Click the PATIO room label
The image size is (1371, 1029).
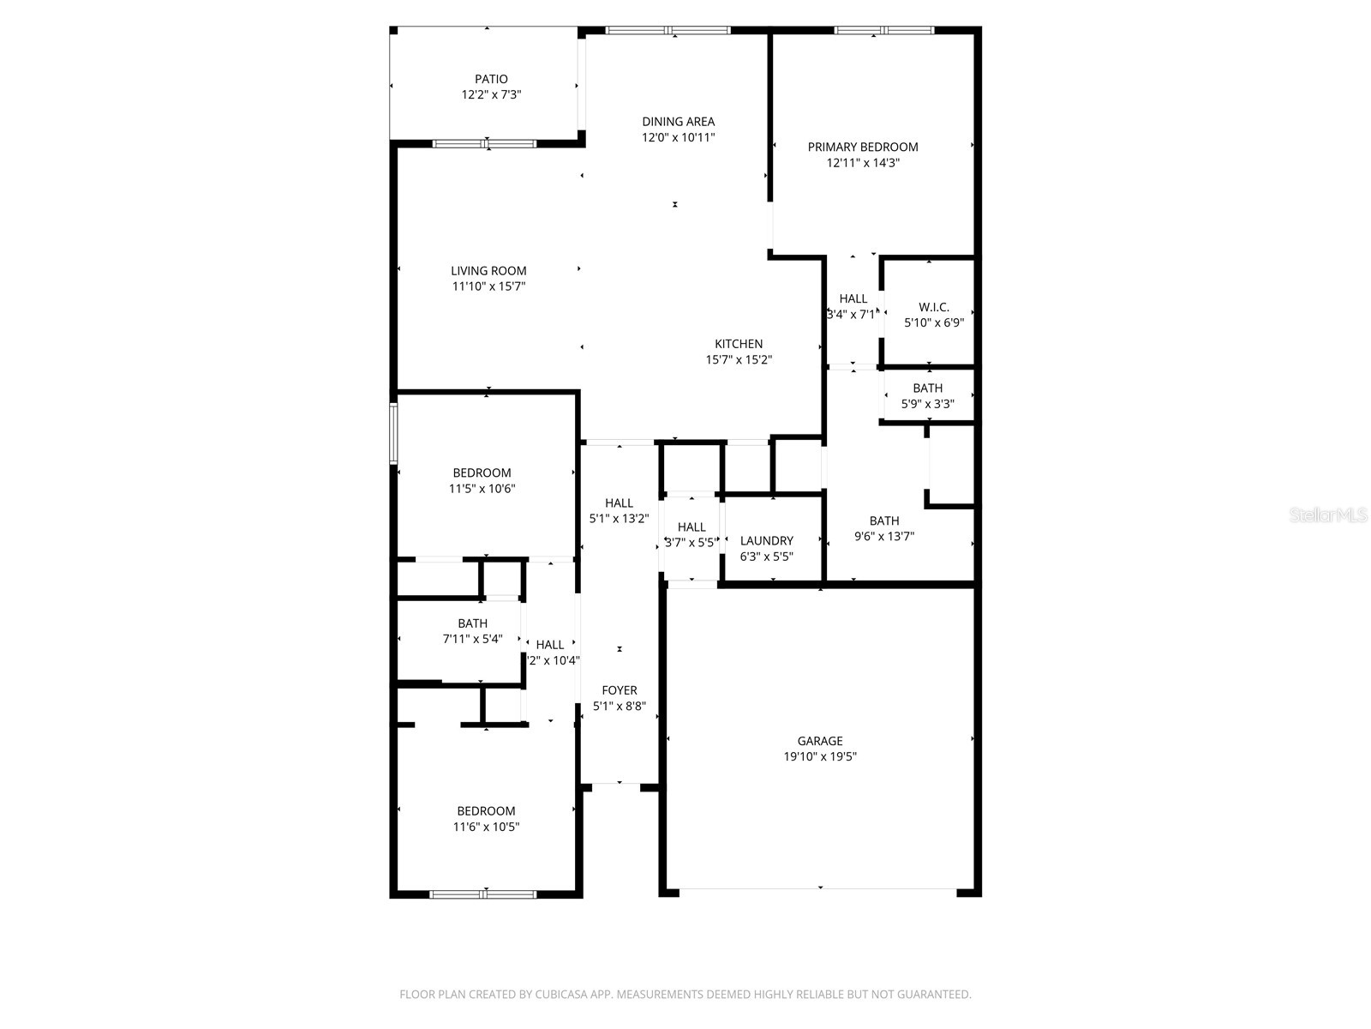491,79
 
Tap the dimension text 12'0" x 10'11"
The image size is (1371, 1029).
678,137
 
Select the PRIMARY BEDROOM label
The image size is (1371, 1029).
862,147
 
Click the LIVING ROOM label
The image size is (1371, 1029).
488,271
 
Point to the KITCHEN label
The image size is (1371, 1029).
739,344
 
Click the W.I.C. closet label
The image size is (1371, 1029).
933,307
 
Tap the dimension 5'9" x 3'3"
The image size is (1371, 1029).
927,404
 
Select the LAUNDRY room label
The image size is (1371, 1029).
766,540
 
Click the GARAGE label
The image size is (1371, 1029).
820,741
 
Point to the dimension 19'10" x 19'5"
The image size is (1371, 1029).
820,756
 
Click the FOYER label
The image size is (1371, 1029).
619,690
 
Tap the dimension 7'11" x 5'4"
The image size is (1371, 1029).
472,639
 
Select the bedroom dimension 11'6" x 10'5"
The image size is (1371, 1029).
486,827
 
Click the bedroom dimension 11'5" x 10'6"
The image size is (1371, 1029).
482,489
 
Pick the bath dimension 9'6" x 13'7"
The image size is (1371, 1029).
884,537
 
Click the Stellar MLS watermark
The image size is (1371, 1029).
1329,515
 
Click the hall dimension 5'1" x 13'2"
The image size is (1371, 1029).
619,519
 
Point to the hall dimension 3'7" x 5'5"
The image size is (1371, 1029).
691,543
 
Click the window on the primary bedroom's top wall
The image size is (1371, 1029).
883,30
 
